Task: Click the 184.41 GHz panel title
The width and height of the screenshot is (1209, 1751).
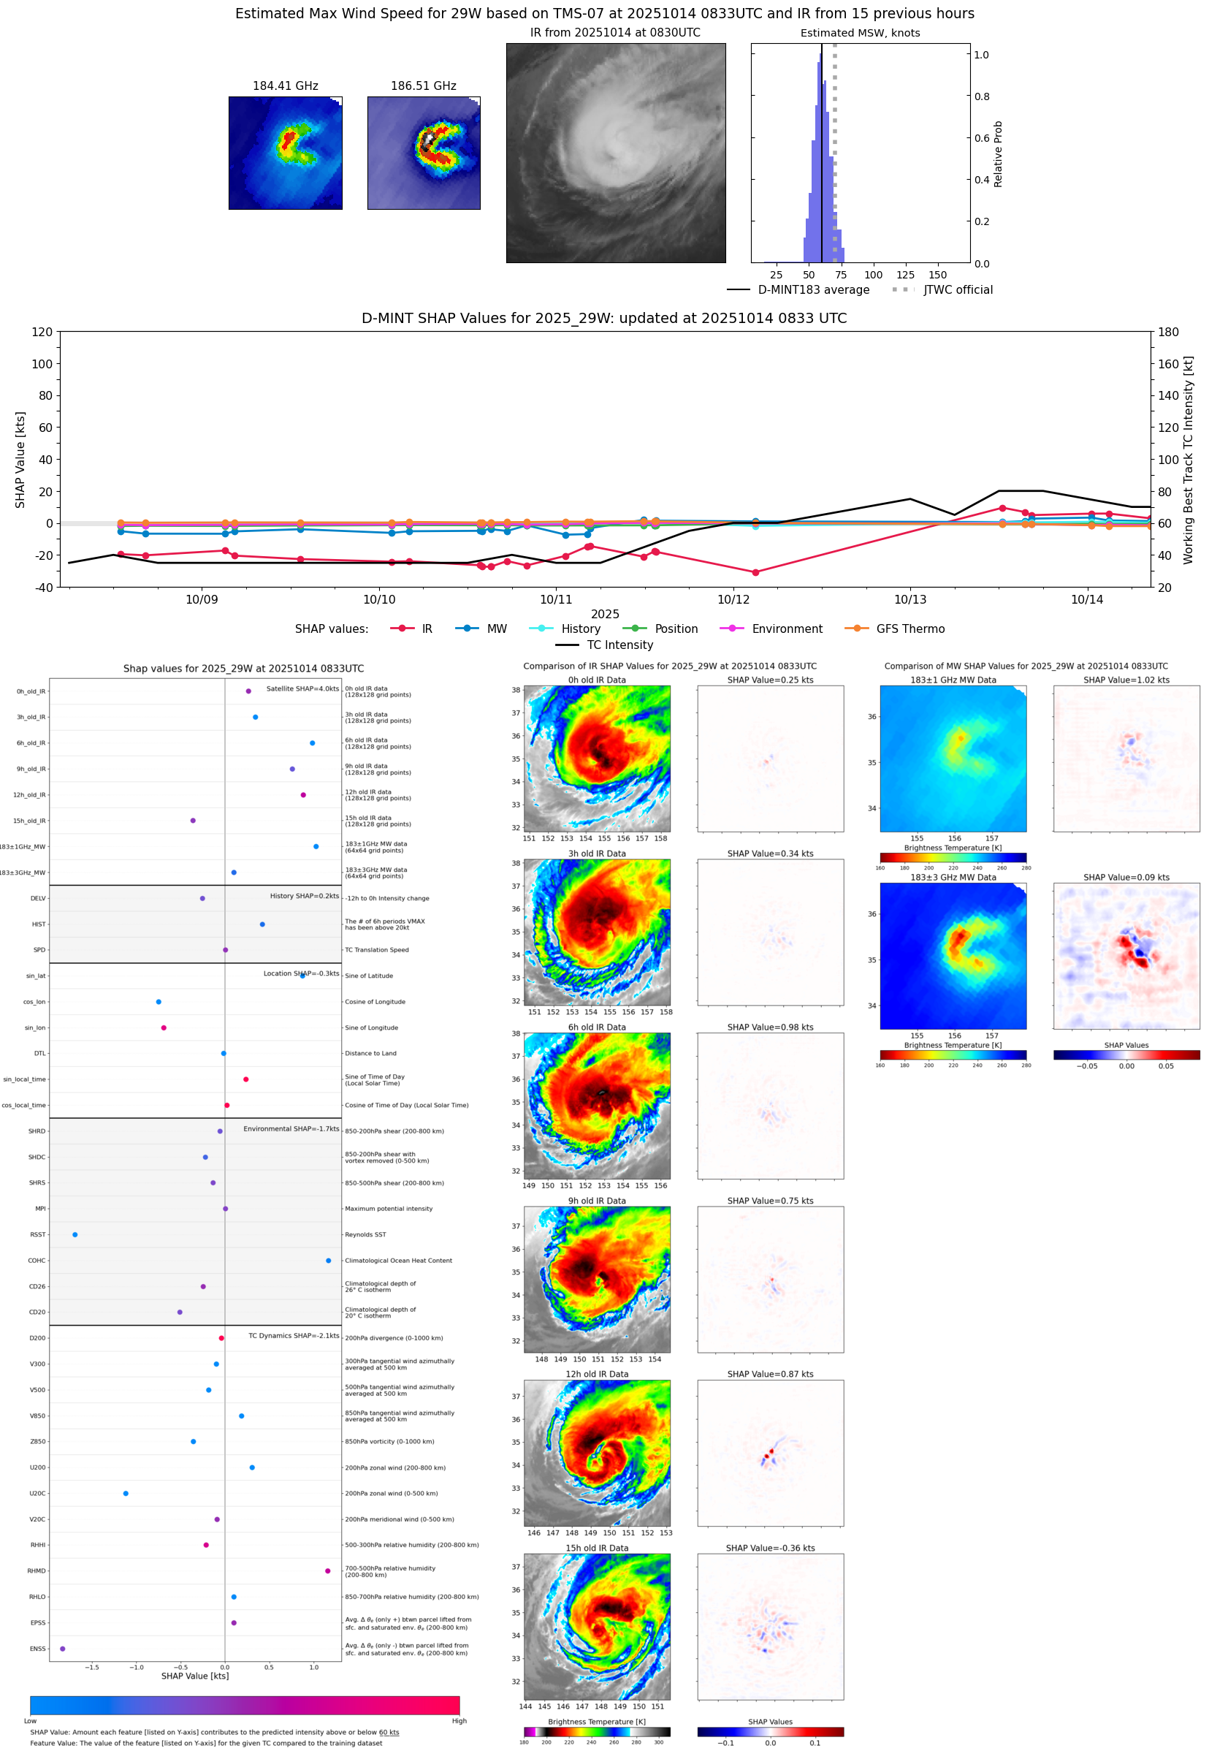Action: point(285,86)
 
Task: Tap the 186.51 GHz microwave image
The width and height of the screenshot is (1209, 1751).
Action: point(424,153)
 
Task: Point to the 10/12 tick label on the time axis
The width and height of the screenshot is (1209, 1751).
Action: point(733,599)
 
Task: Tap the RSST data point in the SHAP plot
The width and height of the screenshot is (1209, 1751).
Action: point(75,1234)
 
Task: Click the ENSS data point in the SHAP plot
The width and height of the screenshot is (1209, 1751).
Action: point(63,1649)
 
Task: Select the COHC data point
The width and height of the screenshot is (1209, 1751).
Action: point(328,1261)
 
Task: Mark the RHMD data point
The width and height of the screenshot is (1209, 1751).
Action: point(327,1570)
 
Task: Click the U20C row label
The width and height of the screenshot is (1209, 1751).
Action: point(37,1493)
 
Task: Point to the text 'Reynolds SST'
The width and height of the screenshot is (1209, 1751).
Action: point(365,1234)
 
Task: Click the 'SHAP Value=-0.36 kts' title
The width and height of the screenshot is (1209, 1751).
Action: point(770,1548)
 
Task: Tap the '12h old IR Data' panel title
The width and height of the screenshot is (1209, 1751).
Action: point(597,1374)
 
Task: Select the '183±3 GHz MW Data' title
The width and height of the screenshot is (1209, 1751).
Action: point(953,878)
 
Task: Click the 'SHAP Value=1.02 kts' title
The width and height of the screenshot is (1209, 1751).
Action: point(1126,680)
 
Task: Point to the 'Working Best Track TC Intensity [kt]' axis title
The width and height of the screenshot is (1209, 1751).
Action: point(1187,459)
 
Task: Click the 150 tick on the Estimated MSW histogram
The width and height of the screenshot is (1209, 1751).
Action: point(937,275)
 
